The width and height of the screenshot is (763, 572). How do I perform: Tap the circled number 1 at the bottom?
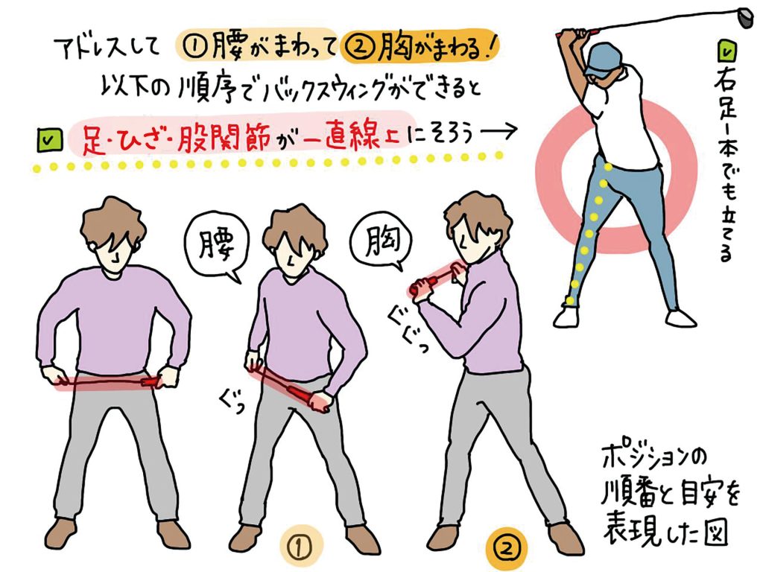301,547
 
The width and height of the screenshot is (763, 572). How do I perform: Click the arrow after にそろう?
498,132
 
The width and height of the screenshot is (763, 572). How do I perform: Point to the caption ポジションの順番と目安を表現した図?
670,495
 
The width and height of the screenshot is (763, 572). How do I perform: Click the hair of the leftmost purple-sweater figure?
113,223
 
